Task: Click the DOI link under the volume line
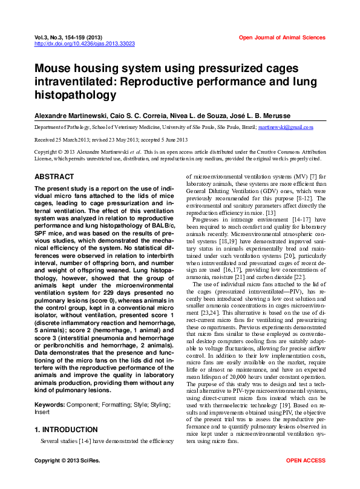coord(85,44)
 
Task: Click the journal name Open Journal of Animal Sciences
coord(282,38)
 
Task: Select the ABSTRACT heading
coord(54,177)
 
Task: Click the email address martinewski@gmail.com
coord(285,128)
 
